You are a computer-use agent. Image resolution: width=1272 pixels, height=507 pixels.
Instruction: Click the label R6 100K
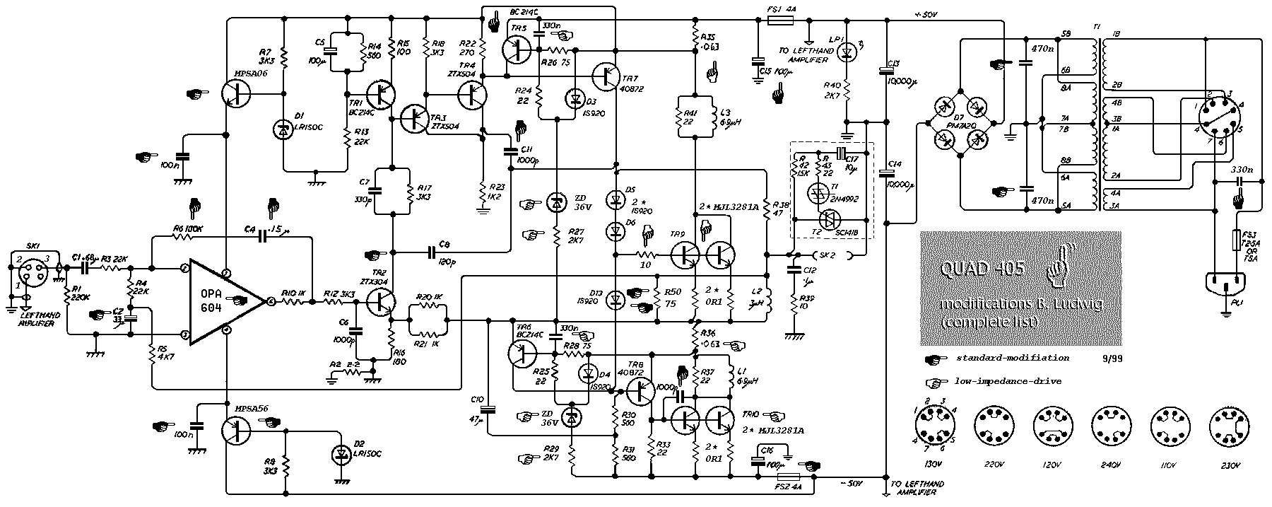point(187,228)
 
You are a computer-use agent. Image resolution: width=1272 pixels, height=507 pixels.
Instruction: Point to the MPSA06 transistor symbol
point(236,93)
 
